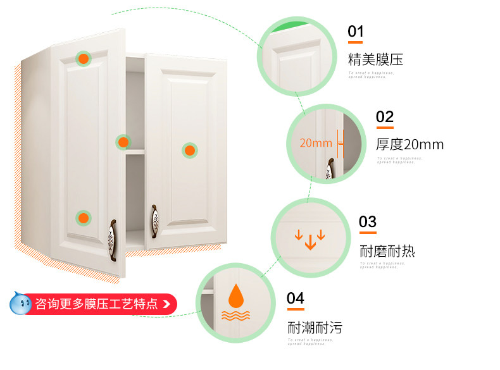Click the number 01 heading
click(355, 32)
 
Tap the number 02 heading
click(384, 117)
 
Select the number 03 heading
click(367, 222)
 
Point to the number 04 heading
click(296, 299)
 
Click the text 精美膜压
click(375, 60)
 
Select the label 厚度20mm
click(409, 144)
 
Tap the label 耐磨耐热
click(387, 250)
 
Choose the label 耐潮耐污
click(315, 328)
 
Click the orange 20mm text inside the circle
click(315, 143)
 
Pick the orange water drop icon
click(236, 294)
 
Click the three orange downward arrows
click(310, 239)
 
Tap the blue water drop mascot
click(20, 304)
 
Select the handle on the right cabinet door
click(155, 222)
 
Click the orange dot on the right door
click(190, 151)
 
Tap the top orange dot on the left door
click(83, 59)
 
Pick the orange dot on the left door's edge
click(123, 142)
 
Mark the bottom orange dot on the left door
click(83, 218)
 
